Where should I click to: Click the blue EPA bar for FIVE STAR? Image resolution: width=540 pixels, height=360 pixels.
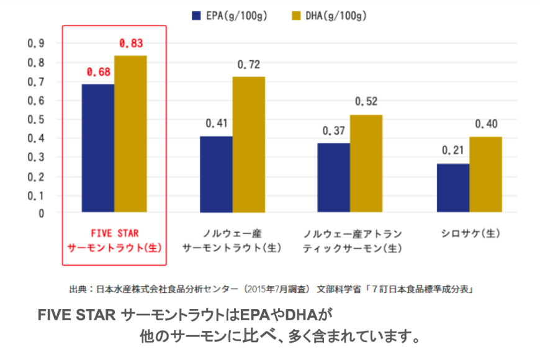pos(97,148)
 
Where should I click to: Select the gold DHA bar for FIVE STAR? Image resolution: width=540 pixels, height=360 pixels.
pos(130,134)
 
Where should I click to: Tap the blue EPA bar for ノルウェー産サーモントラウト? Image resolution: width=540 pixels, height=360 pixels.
pos(216,174)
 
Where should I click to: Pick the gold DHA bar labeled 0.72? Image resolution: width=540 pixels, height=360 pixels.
pos(248,145)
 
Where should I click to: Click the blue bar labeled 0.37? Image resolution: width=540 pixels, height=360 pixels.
pos(333,178)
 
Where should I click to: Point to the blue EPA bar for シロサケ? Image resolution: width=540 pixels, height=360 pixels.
pos(452,188)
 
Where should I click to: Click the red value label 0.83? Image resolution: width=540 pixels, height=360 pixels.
pos(130,43)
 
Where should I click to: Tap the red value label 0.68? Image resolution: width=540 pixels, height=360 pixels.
pos(98,72)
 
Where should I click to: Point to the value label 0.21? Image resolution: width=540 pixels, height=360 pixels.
pos(453,151)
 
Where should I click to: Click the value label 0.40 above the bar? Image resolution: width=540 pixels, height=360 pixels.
pos(486,124)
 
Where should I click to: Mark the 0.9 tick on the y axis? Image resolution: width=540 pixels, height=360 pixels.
pos(35,43)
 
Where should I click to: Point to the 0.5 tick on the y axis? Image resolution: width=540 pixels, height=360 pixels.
pos(35,120)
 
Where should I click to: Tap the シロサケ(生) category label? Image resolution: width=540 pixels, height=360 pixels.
pos(470,234)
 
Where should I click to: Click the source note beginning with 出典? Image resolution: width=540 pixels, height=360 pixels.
pos(272,289)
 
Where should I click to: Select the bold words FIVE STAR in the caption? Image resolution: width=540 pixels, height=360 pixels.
pos(77,315)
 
